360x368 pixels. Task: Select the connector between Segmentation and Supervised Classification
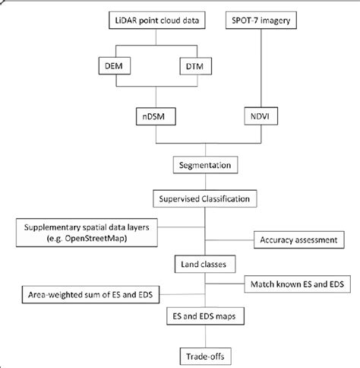coord(202,182)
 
